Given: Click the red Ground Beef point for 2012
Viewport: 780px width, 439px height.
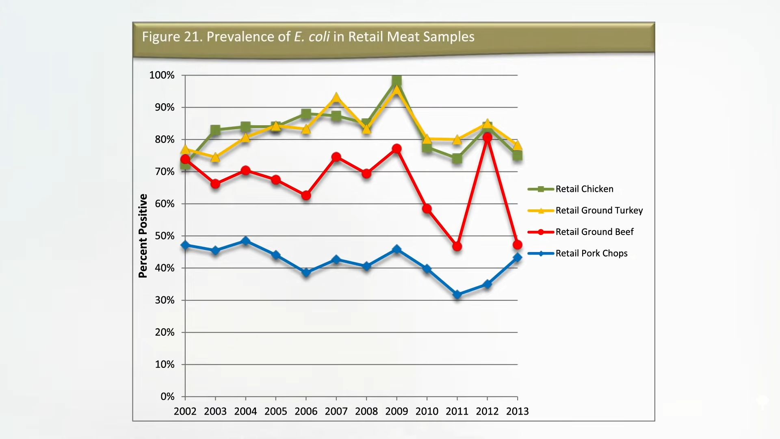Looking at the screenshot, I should pyautogui.click(x=487, y=137).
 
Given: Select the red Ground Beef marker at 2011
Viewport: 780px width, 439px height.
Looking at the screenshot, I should pyautogui.click(x=457, y=246).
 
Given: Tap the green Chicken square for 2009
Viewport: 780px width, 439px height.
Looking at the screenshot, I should pyautogui.click(x=397, y=80).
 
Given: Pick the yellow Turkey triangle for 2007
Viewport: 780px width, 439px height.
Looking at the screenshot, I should pyautogui.click(x=336, y=98).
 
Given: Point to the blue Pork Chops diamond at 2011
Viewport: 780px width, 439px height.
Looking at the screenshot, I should pyautogui.click(x=457, y=295).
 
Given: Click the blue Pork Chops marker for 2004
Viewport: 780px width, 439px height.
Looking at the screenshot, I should pyautogui.click(x=245, y=241).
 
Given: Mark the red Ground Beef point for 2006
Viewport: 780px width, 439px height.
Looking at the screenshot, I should pyautogui.click(x=306, y=196).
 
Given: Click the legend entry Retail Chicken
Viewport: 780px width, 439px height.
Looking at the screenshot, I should pyautogui.click(x=584, y=189).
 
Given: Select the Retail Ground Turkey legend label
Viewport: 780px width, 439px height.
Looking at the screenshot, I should pyautogui.click(x=599, y=211).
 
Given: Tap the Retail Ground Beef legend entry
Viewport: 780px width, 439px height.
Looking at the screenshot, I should pyautogui.click(x=594, y=232).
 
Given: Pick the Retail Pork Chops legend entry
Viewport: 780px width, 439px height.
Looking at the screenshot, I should pyautogui.click(x=591, y=254).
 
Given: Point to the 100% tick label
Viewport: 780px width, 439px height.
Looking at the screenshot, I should pyautogui.click(x=162, y=75).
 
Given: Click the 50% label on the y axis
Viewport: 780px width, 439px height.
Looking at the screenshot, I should pyautogui.click(x=165, y=236).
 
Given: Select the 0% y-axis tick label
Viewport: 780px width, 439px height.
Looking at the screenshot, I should pyautogui.click(x=167, y=396).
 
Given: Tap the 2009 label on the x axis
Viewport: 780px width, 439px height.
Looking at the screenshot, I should pyautogui.click(x=396, y=411).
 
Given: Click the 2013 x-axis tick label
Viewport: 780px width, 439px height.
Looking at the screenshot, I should pyautogui.click(x=517, y=411).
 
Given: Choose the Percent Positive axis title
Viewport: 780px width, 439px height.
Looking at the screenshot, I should pyautogui.click(x=143, y=236).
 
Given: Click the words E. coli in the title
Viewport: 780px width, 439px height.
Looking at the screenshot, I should pyautogui.click(x=312, y=37).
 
